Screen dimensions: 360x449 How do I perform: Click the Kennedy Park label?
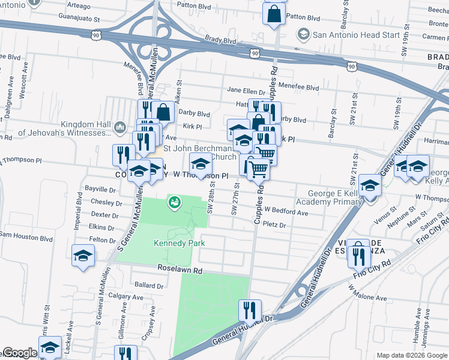click(179, 243)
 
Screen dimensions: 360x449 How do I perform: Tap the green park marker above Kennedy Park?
click(174, 203)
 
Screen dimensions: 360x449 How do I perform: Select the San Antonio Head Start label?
click(356, 35)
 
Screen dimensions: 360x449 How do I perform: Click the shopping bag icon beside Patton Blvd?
click(274, 14)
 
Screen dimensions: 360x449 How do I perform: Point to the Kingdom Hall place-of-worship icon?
click(119, 127)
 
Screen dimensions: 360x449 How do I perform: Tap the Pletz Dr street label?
click(274, 225)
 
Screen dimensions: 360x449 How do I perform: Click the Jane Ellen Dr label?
click(246, 91)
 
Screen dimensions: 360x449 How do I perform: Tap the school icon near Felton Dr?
click(83, 256)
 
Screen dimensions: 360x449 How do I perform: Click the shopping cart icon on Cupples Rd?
click(258, 169)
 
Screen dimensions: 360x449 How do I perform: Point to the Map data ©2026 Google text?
click(411, 355)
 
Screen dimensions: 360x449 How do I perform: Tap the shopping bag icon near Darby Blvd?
click(163, 112)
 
